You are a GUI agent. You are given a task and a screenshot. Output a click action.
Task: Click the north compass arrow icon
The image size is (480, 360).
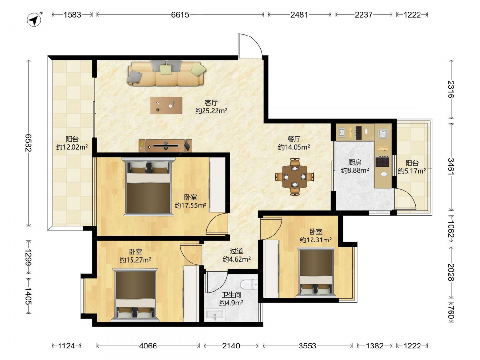35,20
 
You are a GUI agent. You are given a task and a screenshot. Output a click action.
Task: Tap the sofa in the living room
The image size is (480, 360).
167,73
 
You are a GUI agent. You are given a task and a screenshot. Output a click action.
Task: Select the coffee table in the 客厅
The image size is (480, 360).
166,106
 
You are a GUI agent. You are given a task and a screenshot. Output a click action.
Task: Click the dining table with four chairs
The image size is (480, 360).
295,177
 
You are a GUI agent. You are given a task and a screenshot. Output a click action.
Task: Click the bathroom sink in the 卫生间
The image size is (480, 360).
216,315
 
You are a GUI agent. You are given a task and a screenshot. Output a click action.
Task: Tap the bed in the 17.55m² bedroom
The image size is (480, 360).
148,186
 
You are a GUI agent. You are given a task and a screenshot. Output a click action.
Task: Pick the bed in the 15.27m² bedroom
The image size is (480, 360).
135,295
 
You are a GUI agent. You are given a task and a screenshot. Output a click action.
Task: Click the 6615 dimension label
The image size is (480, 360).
180,15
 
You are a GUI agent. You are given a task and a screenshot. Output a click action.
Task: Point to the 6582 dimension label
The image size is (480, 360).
28,143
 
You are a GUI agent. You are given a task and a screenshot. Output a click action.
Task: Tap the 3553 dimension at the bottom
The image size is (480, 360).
307,346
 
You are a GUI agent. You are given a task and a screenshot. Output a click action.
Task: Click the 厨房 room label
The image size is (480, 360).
355,162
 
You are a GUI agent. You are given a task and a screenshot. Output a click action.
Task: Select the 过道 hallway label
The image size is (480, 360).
237,252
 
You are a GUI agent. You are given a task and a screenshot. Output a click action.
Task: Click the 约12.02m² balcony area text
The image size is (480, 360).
72,147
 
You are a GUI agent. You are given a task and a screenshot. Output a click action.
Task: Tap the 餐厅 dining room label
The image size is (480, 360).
294,139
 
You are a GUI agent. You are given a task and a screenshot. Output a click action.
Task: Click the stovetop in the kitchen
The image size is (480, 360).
383,161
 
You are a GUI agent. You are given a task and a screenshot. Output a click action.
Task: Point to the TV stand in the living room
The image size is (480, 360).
166,146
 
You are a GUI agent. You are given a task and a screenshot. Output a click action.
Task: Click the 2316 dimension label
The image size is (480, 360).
451,89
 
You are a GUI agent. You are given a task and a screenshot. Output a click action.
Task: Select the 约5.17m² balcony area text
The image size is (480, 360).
412,171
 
